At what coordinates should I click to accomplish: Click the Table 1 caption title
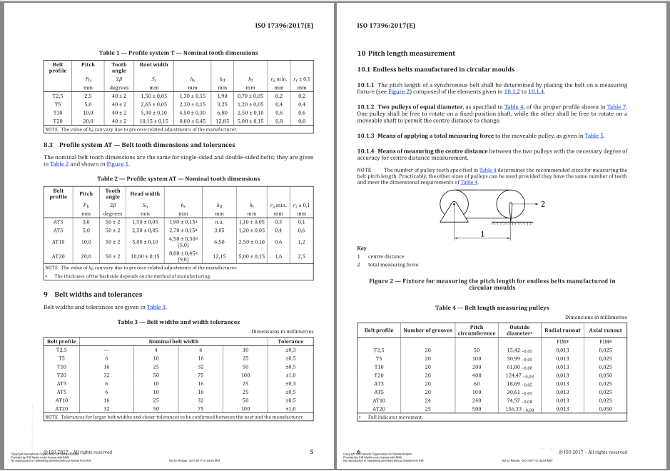coord(178,53)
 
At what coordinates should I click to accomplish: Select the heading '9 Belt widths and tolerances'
coord(93,294)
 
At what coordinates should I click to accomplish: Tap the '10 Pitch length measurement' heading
coord(406,54)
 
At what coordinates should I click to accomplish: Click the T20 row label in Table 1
coord(58,121)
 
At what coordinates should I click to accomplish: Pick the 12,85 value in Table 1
coord(222,121)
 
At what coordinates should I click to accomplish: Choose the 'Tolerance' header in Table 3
coord(290,341)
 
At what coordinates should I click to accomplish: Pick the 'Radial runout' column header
coord(563,330)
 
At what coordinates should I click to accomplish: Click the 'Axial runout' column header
coord(605,330)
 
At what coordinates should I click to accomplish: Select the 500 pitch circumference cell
coord(477,409)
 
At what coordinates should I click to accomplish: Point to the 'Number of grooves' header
coord(428,330)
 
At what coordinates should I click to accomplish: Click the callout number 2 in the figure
coord(543,204)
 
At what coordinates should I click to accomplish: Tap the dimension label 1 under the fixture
coord(483,233)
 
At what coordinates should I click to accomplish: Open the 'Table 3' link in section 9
coord(156,307)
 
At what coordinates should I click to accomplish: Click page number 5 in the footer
coord(311,452)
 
